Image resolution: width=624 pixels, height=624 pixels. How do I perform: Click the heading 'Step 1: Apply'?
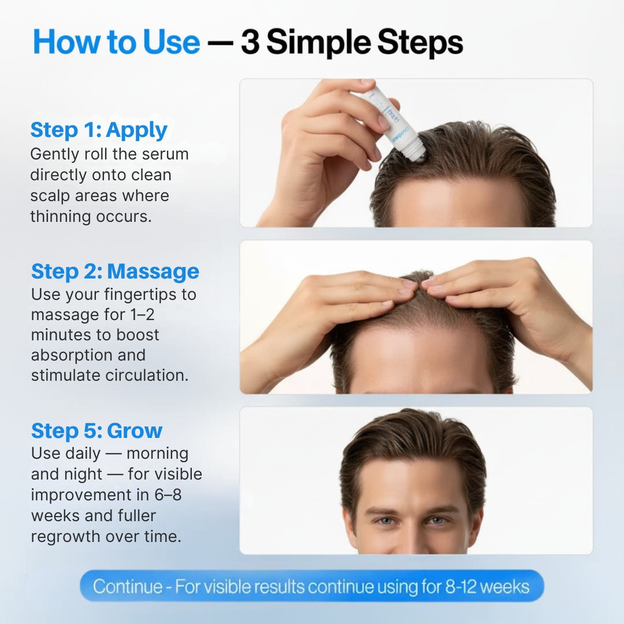click(99, 130)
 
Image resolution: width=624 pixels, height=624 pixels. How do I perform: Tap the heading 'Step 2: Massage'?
click(115, 272)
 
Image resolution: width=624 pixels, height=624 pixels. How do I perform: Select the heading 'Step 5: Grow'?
click(96, 430)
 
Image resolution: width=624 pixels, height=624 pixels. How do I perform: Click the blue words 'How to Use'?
click(117, 42)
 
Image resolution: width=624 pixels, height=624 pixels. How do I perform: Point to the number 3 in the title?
click(250, 42)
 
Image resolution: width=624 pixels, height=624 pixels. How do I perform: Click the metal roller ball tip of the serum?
click(418, 154)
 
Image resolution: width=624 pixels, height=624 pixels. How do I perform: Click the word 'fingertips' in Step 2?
click(140, 295)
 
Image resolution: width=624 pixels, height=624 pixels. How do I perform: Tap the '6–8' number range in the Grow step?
click(168, 495)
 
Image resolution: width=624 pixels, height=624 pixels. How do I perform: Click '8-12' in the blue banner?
click(460, 586)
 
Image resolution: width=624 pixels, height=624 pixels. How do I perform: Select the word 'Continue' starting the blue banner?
click(128, 586)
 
